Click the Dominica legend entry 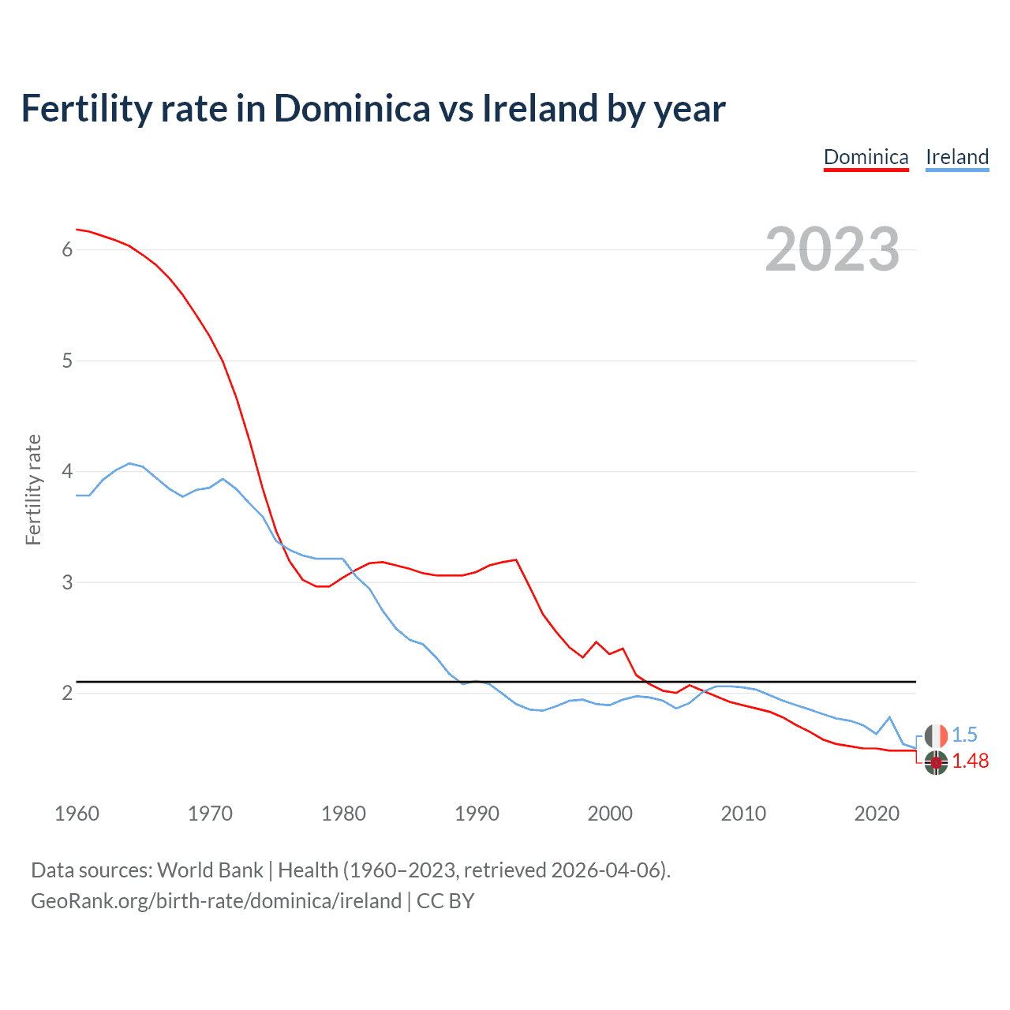coord(866,157)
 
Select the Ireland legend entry coord(956,157)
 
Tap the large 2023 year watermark coord(832,249)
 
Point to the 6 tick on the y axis coord(67,250)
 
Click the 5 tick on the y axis coord(67,361)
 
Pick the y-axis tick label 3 coord(67,583)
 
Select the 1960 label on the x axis coord(77,814)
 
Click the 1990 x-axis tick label coord(477,814)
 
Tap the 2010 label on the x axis coord(743,814)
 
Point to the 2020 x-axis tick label coord(877,814)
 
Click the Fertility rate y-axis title coord(33,489)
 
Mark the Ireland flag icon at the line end coord(936,735)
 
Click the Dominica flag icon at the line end coord(936,763)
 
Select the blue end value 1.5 coord(964,735)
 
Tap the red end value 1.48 coord(970,761)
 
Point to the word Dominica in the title coord(352,109)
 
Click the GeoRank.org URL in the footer coord(215,901)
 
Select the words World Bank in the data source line coord(210,870)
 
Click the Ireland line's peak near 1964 coord(130,463)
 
